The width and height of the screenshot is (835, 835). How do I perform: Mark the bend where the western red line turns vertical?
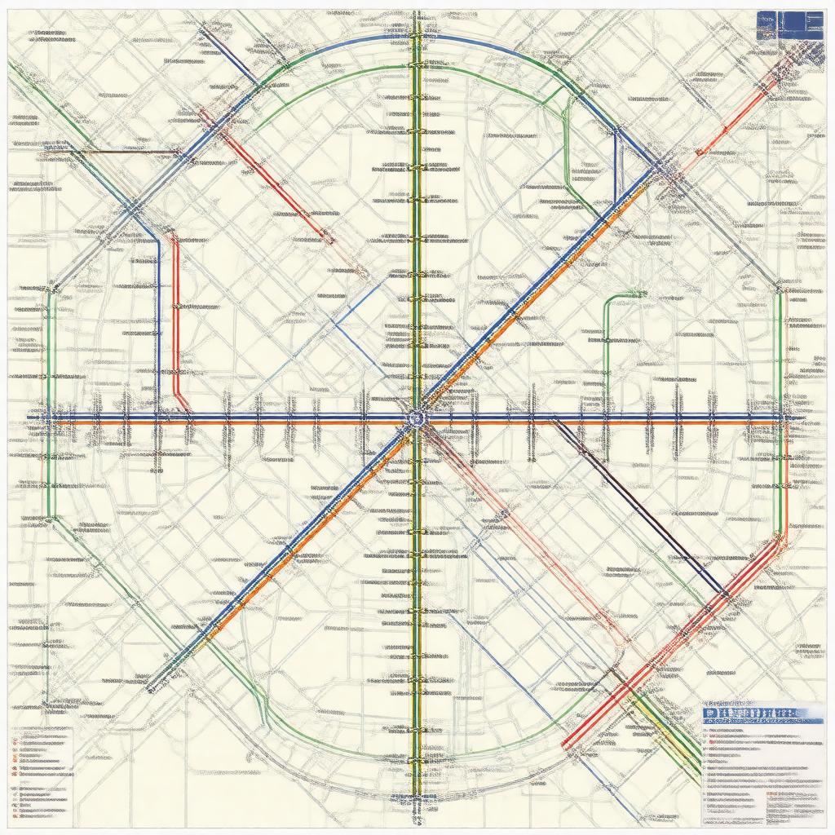coord(173,236)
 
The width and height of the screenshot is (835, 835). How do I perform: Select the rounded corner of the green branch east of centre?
coord(607,303)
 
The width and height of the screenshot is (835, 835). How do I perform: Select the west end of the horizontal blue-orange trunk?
coord(33,419)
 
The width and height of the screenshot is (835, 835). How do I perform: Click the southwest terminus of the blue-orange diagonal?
coord(151,689)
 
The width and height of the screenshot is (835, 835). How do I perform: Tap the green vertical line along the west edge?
coord(49,408)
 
